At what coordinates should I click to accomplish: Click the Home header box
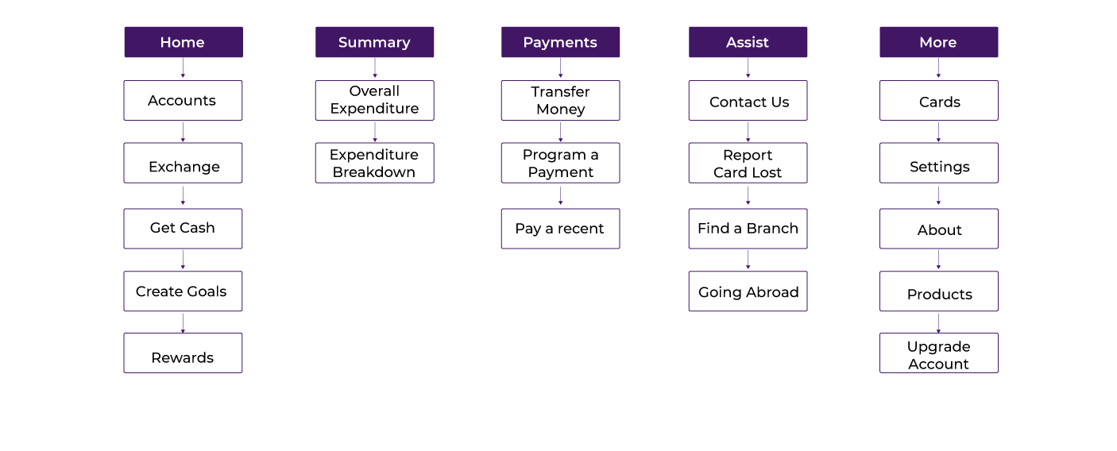(183, 42)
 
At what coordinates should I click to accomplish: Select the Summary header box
(374, 42)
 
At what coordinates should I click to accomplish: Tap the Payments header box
(560, 42)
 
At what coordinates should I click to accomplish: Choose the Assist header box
(748, 42)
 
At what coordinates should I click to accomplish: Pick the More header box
(938, 42)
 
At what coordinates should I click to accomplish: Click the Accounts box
(183, 100)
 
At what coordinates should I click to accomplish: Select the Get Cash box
(183, 228)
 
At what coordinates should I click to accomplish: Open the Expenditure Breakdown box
(374, 163)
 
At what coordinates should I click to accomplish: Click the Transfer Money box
(560, 100)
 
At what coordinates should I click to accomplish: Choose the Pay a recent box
(560, 229)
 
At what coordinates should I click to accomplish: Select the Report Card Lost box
(748, 163)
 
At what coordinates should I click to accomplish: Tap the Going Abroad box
(748, 291)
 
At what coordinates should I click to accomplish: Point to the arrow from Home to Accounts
(183, 69)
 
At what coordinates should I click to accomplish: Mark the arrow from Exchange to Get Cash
(183, 196)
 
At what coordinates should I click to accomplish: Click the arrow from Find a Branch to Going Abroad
(748, 260)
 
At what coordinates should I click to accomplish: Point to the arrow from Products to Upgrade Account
(938, 322)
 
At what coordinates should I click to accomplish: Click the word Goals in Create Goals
(206, 291)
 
